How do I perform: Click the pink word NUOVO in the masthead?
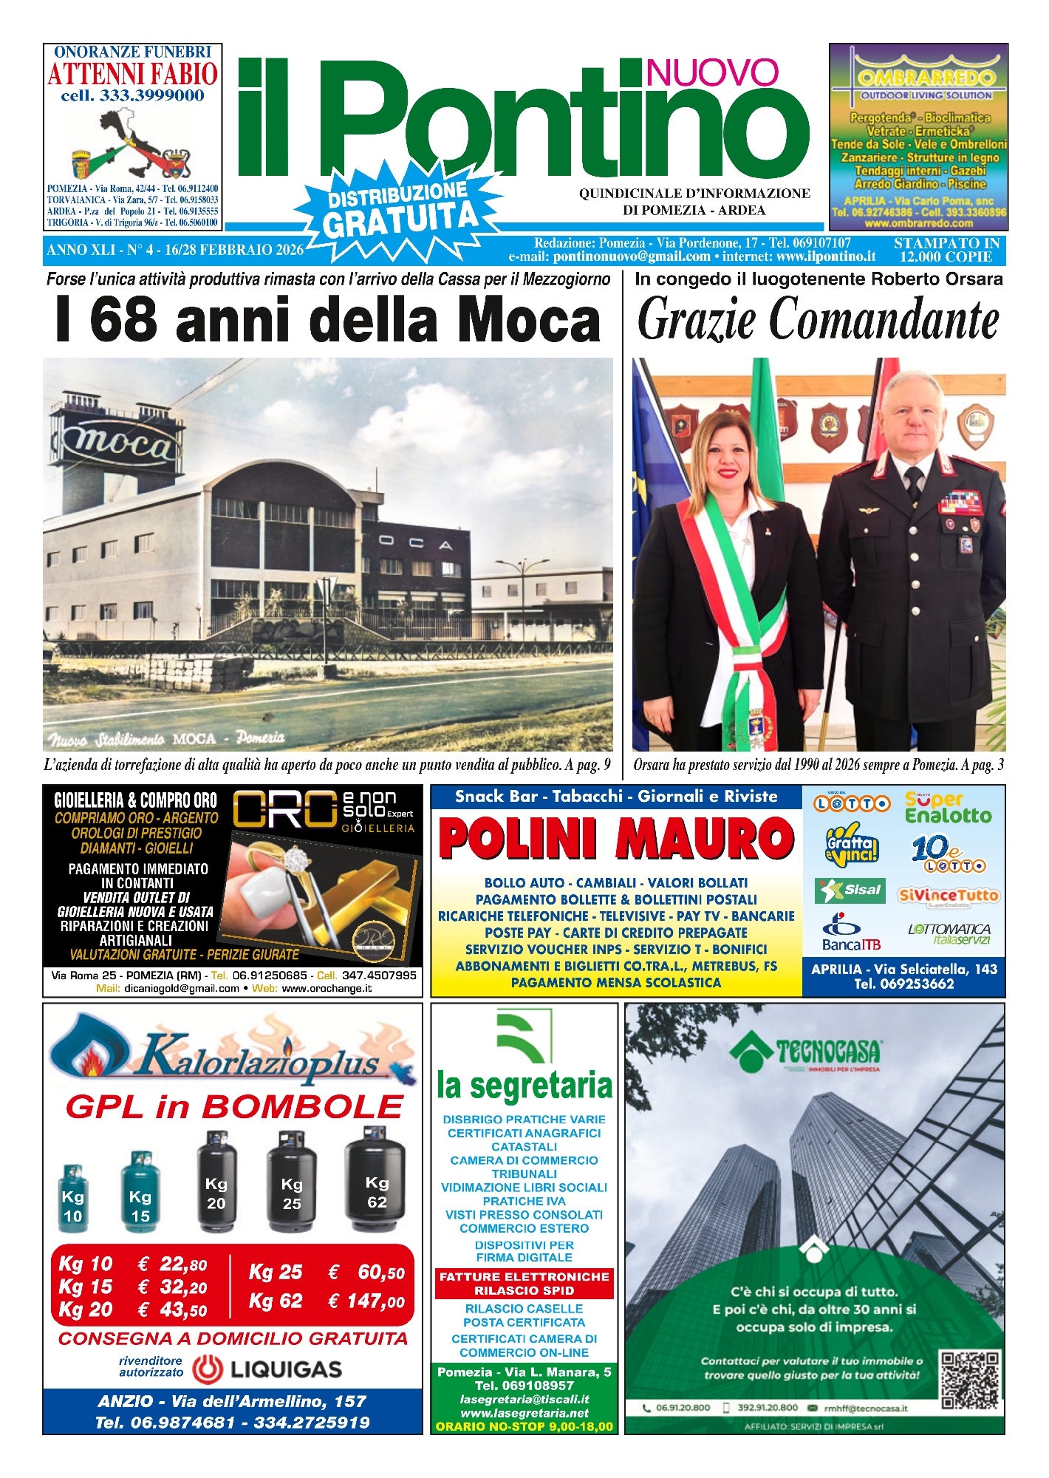point(711,72)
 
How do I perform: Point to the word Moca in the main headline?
point(527,320)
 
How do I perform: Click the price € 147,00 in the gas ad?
point(366,1301)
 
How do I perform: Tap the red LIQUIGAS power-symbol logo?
point(208,1369)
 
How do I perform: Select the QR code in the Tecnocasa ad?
point(970,1379)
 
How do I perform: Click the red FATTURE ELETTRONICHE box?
point(524,1284)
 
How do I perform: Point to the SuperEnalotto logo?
point(948,808)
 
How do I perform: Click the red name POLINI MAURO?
point(616,840)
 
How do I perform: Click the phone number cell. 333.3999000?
point(133,96)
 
